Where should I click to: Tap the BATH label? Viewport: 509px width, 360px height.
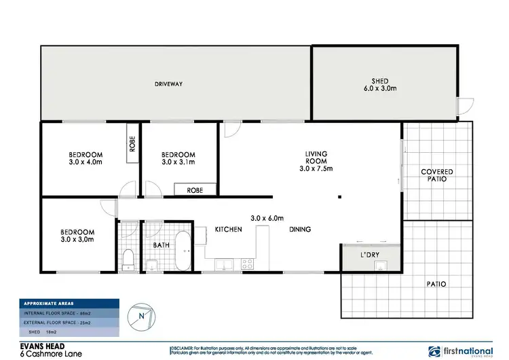162,245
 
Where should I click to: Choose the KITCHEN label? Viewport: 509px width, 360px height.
229,230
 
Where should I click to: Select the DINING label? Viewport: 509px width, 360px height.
300,230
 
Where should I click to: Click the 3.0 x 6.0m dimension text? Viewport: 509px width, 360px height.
265,218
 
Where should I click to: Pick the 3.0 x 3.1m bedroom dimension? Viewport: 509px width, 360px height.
179,163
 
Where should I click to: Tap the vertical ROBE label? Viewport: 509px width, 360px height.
132,144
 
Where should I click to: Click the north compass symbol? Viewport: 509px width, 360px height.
140,314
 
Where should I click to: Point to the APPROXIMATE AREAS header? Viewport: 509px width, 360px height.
49,303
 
